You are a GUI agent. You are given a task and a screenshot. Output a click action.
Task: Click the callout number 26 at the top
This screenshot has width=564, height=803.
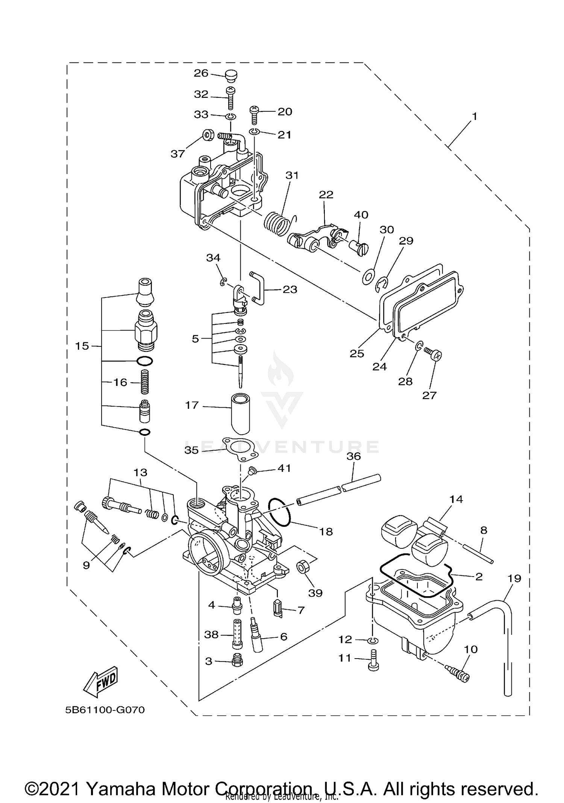201,73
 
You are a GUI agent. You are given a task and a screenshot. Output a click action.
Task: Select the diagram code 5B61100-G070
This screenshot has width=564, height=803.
105,710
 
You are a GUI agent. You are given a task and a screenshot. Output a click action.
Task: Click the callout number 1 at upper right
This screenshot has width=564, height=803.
475,117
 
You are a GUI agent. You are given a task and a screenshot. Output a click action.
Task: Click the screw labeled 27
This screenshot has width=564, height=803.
434,354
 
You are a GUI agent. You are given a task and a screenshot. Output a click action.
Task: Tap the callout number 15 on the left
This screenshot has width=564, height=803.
82,346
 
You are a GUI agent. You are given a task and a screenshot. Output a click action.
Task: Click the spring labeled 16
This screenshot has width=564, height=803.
145,382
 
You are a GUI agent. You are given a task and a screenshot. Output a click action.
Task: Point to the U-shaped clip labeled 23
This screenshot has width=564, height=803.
259,288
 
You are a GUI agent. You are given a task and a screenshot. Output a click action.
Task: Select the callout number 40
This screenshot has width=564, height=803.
361,215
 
